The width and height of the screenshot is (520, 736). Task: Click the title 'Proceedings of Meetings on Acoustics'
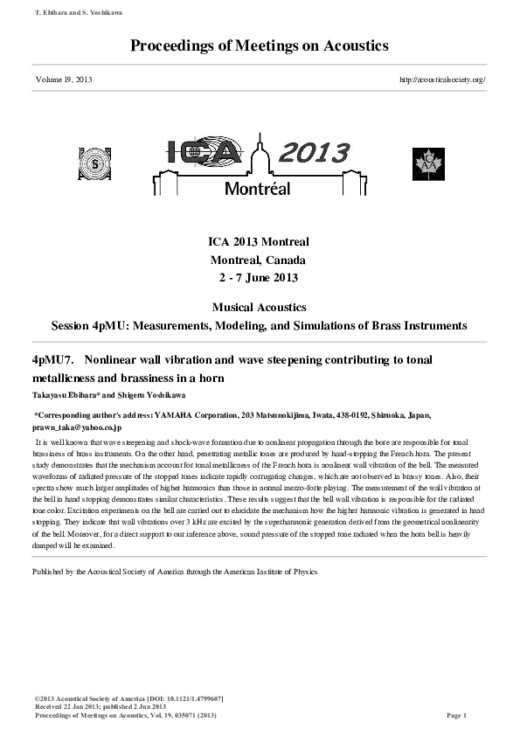260,45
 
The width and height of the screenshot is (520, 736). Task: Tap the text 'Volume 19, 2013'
64,80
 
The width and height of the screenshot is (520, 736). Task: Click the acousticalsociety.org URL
441,80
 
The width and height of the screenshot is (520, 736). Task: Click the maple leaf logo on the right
429,163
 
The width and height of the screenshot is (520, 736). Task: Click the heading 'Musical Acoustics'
260,308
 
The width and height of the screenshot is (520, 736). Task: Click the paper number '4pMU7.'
54,360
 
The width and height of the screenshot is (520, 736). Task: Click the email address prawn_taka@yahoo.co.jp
77,427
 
